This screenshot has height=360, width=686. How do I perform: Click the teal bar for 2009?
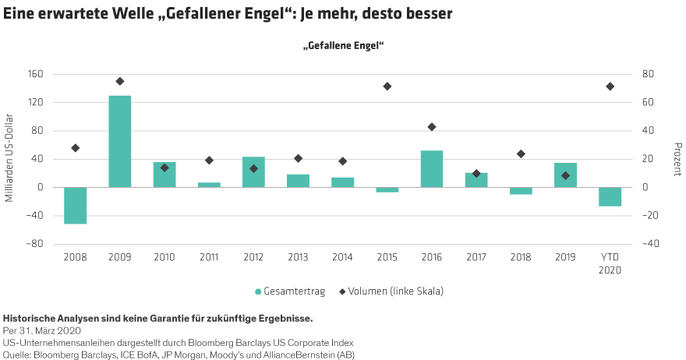[119, 141]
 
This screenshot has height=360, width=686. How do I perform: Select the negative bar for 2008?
[76, 206]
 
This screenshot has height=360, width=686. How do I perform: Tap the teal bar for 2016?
[432, 169]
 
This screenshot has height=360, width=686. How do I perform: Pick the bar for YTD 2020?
[610, 196]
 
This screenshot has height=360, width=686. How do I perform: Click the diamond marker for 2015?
[387, 86]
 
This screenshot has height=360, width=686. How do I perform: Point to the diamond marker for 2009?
[120, 81]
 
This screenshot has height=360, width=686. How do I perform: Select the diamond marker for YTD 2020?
[610, 86]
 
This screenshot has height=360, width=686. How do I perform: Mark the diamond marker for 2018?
[522, 154]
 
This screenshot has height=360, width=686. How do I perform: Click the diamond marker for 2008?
[76, 148]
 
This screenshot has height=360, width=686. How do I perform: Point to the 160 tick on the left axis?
[36, 75]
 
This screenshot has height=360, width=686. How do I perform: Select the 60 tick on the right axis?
[647, 103]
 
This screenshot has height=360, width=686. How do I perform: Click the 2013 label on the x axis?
[299, 256]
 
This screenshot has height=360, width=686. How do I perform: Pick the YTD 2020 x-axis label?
[610, 263]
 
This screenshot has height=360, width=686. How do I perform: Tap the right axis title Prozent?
[677, 160]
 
